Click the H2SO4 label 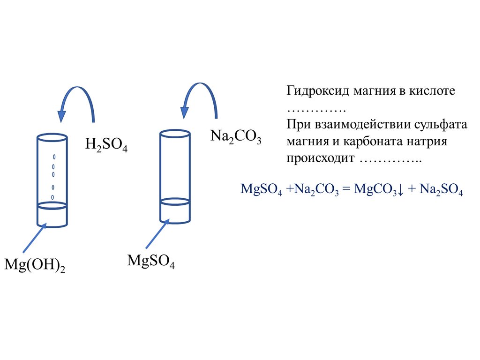[106, 144]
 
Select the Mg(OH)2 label [34, 265]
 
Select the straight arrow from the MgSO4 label [157, 234]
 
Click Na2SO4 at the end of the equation [441, 189]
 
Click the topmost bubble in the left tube [54, 156]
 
